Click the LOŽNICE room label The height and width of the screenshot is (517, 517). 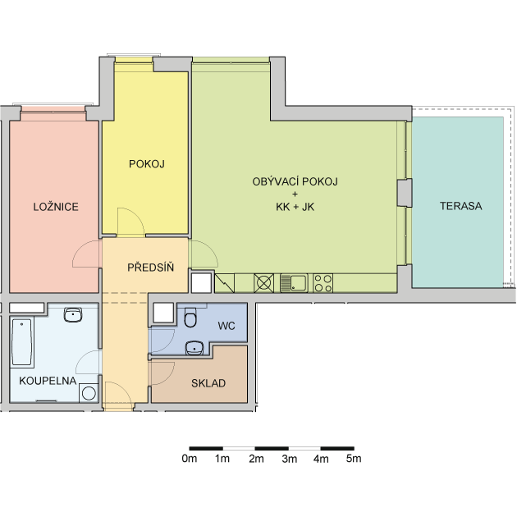click(x=56, y=207)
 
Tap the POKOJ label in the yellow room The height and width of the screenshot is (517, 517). click(x=147, y=164)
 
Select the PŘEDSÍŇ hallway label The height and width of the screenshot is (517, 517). click(x=151, y=267)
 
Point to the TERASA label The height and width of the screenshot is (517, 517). click(x=461, y=206)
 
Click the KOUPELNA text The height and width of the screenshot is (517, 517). click(x=48, y=381)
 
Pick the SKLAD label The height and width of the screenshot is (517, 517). click(x=208, y=383)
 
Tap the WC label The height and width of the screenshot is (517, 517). click(x=226, y=326)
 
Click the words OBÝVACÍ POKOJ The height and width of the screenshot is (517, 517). click(x=295, y=181)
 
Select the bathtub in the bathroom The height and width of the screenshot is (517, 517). click(x=22, y=342)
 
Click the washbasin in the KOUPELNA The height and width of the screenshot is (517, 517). click(x=73, y=314)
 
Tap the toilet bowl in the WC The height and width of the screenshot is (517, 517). click(x=190, y=318)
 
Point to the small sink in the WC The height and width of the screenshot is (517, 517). click(x=194, y=348)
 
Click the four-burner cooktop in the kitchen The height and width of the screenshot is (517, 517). click(x=323, y=283)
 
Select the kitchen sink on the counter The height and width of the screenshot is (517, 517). click(x=294, y=283)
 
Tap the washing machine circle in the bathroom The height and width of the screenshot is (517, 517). click(x=89, y=393)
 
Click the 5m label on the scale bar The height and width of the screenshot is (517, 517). click(x=354, y=459)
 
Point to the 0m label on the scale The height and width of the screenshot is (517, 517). click(x=190, y=459)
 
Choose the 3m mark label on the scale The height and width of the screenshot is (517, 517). click(x=289, y=459)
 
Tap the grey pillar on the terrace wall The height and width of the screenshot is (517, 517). click(x=405, y=193)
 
